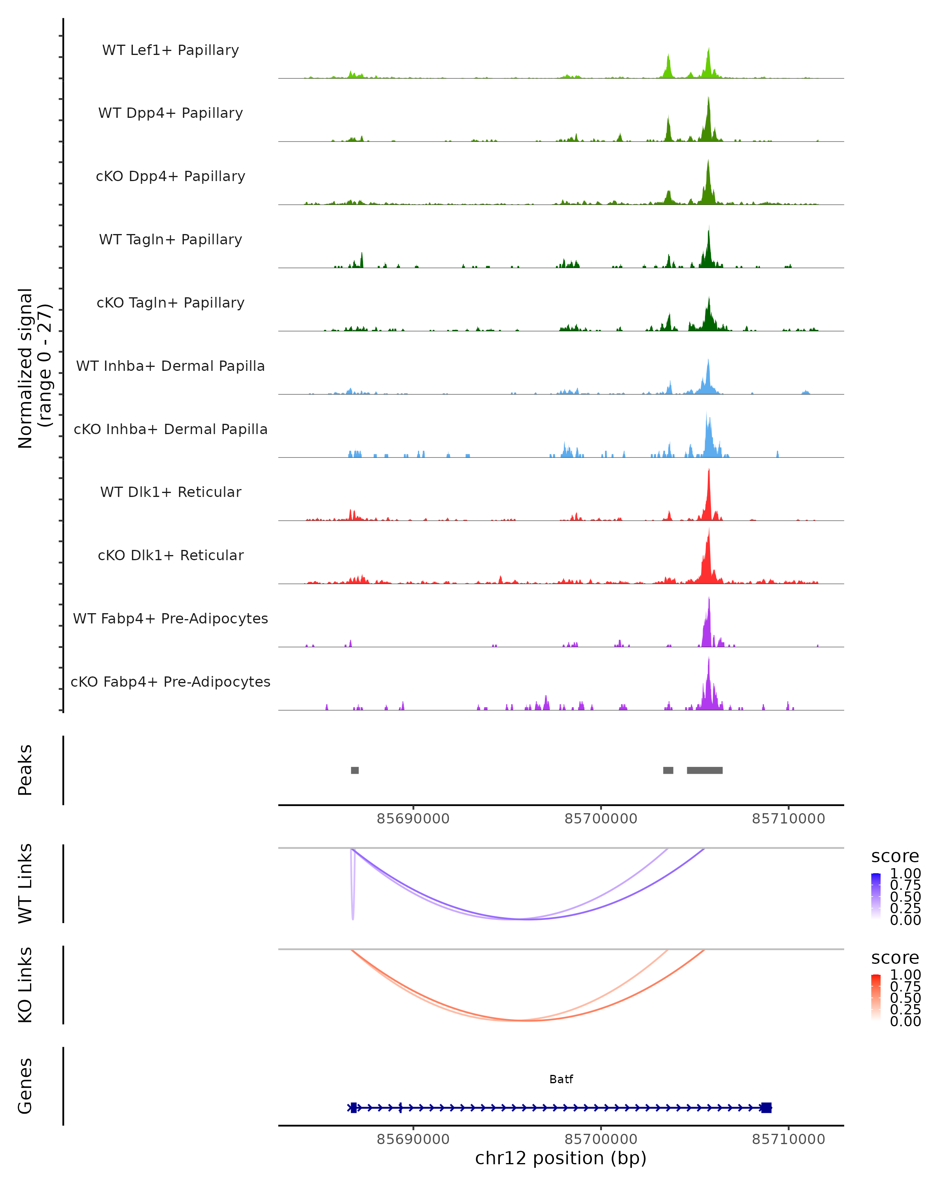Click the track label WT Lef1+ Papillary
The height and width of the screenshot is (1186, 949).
pos(170,50)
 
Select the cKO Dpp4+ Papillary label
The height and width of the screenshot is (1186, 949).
pos(170,177)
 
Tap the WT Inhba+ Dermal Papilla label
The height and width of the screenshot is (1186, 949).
pos(170,366)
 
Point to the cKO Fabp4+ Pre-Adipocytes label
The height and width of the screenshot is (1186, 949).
pos(170,682)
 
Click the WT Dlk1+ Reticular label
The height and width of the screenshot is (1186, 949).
pos(170,492)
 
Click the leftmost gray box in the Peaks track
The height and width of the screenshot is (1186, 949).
pos(355,770)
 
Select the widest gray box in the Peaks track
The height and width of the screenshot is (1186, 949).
pos(704,770)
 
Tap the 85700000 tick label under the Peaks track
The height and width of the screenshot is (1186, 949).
pos(601,819)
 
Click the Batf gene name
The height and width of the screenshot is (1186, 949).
pos(561,1079)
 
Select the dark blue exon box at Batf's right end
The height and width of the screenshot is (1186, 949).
pos(766,1107)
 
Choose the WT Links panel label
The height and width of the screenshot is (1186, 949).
pos(25,884)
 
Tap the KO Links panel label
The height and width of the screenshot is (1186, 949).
pos(25,985)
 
